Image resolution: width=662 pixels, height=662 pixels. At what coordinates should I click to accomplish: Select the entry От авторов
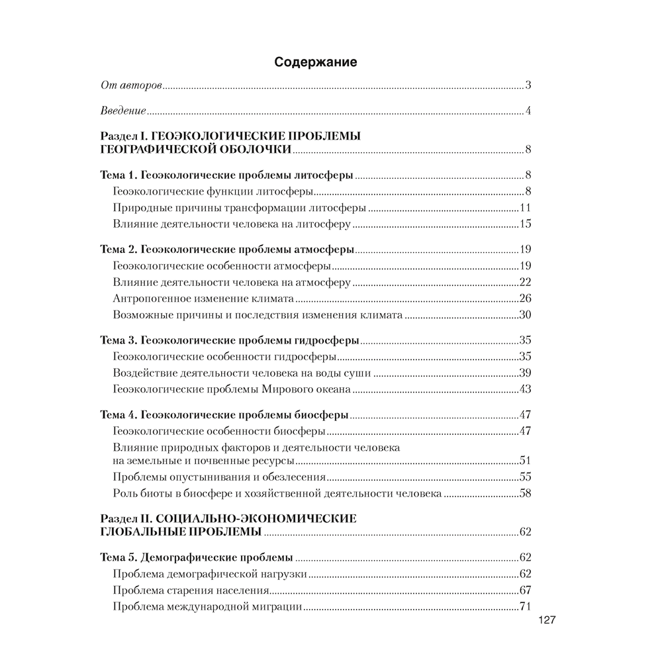pyautogui.click(x=131, y=85)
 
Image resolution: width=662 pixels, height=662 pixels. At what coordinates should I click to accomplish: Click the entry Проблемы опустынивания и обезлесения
pyautogui.click(x=219, y=477)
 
